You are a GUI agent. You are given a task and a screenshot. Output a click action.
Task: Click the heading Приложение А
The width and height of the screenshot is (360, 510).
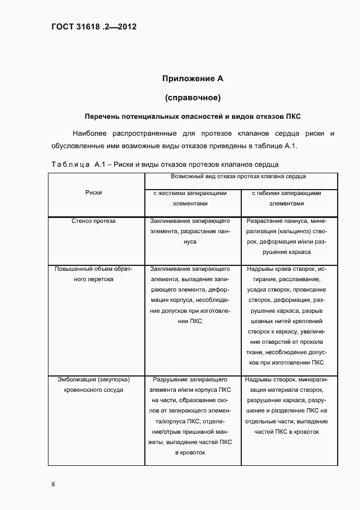[192, 78]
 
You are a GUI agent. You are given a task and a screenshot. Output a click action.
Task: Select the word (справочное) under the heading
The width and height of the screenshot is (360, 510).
[192, 98]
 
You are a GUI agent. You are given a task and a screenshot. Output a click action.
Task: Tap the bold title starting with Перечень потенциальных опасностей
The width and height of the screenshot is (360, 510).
[192, 117]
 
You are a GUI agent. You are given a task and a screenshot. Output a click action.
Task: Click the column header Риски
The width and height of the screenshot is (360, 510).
[94, 192]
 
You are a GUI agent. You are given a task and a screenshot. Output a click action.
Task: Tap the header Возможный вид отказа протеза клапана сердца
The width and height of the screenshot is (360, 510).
[238, 177]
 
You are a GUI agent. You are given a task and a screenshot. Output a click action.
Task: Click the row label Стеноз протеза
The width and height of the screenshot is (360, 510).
[94, 221]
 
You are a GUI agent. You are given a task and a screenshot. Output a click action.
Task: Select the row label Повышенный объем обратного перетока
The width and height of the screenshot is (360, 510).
[94, 274]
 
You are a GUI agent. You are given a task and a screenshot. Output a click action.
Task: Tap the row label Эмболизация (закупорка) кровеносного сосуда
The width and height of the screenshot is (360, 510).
[94, 384]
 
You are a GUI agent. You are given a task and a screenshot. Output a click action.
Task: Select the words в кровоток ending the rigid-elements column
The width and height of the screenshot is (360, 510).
[190, 452]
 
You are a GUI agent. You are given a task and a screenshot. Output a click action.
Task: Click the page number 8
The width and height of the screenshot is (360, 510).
[53, 484]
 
